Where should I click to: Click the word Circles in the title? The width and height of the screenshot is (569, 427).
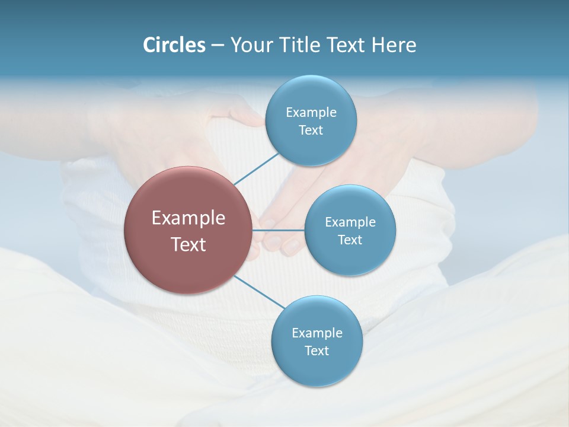tap(174, 45)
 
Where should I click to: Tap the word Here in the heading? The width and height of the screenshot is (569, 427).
tap(394, 45)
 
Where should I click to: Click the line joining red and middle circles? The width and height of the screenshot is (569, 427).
tap(278, 230)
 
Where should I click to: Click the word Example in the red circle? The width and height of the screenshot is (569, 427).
tap(188, 218)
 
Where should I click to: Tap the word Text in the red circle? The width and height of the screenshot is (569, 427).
tap(188, 244)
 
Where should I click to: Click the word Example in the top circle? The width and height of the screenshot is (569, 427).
tap(311, 113)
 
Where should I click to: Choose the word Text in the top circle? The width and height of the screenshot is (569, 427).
tap(311, 130)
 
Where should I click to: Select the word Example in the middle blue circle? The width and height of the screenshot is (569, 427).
tap(350, 222)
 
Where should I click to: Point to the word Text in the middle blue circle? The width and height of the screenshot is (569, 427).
tap(350, 240)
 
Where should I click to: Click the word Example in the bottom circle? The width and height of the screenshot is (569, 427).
tap(317, 333)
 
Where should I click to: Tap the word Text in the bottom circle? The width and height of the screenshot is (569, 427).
tap(317, 351)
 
